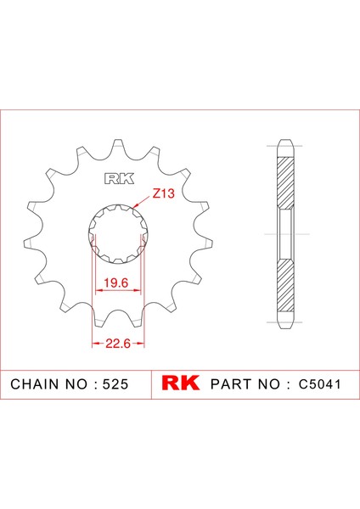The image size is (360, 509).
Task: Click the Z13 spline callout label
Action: pos(163,193)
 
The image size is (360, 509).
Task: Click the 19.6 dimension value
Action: pos(116,282)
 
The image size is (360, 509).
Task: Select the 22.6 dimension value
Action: pos(118,343)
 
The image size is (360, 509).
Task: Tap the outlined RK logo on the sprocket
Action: pos(119,179)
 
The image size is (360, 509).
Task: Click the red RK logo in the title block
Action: pos(181,383)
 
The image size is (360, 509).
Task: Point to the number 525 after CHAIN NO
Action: pos(115,384)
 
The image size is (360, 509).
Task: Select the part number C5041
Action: pos(320,384)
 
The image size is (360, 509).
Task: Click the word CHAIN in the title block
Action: pos(35,384)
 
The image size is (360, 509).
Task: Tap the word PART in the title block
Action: pos(232,384)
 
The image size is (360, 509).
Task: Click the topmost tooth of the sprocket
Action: pos(118,144)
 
